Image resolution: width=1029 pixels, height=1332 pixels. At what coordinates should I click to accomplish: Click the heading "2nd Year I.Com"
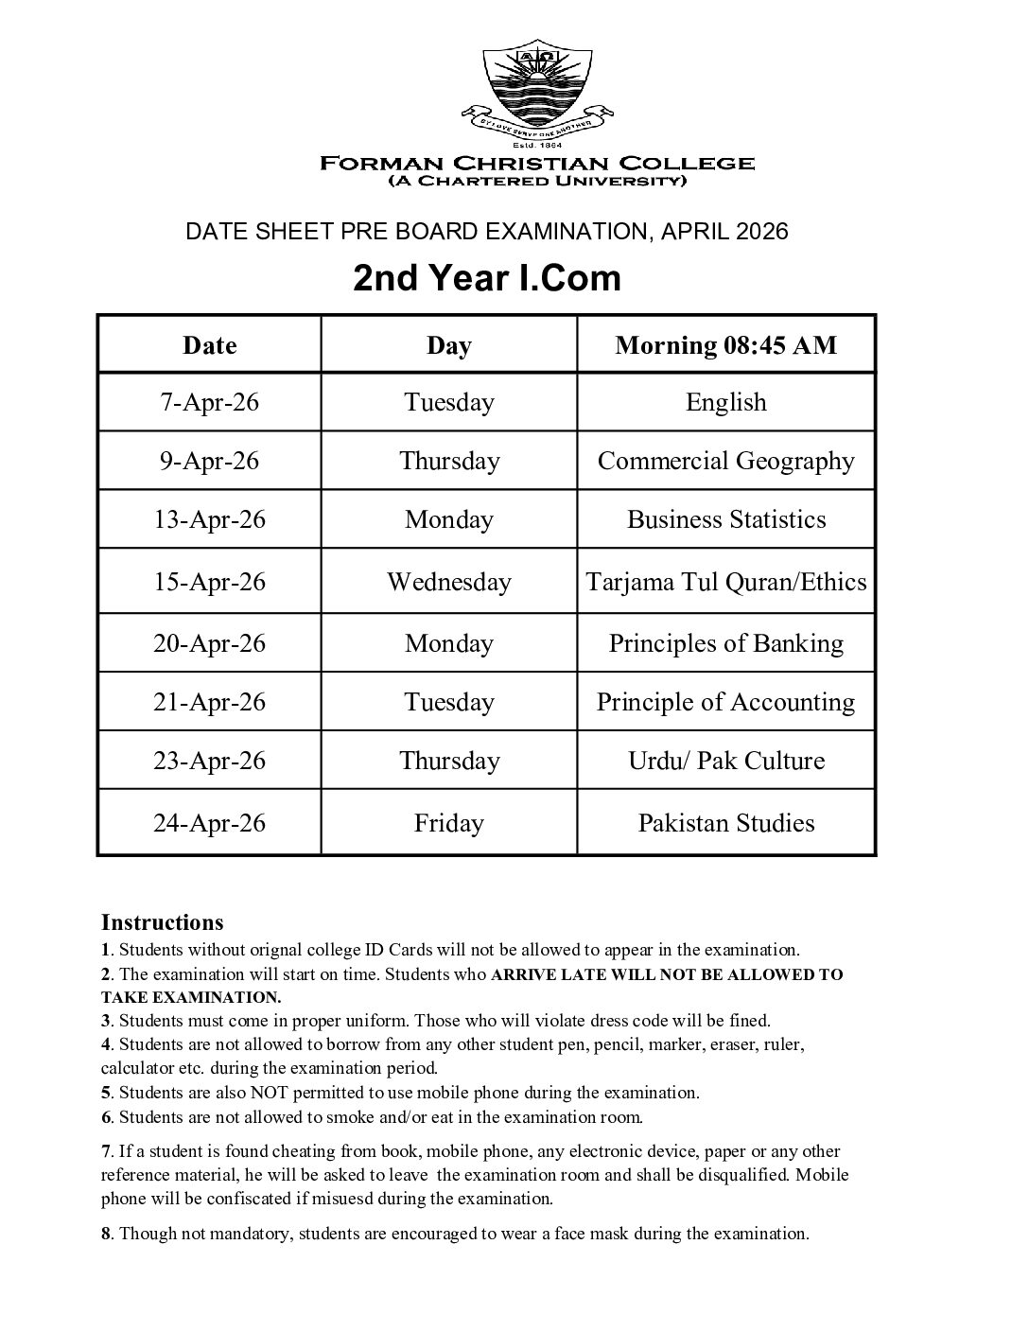[x=487, y=278]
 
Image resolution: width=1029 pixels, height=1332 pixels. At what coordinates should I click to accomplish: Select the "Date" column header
[x=210, y=345]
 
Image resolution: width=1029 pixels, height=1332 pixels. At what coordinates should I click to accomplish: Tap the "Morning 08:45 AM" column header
[x=725, y=345]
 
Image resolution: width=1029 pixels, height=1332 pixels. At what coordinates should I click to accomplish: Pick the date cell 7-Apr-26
[x=210, y=403]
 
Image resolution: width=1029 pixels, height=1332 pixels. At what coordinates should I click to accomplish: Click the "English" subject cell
[x=725, y=403]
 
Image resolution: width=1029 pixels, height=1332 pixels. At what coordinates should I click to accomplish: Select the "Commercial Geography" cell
[x=725, y=462]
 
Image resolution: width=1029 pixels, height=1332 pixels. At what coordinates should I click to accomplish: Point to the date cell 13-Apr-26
[x=210, y=520]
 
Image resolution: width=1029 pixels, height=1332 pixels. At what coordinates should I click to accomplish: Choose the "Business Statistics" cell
[x=725, y=520]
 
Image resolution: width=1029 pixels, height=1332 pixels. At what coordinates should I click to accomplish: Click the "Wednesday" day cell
[x=448, y=582]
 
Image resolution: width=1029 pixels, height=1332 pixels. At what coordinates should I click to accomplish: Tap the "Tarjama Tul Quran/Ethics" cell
[x=725, y=582]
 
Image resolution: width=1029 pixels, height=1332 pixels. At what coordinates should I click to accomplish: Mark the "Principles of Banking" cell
[x=725, y=644]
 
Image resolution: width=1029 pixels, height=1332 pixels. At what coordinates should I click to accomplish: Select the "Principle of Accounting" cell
[x=725, y=703]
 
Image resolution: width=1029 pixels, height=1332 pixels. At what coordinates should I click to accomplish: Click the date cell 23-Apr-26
[x=210, y=762]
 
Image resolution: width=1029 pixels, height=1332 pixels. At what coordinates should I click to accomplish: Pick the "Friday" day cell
[x=448, y=823]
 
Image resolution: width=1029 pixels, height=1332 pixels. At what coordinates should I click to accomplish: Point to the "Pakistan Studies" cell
[x=725, y=823]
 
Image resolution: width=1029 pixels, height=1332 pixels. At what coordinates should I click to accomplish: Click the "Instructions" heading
[x=162, y=922]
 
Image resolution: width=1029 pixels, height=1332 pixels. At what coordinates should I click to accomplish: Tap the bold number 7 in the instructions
[x=106, y=1151]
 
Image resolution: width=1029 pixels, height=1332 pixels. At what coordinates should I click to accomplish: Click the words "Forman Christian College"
[x=537, y=163]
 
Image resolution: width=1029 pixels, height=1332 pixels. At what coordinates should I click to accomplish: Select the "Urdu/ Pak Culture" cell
[x=725, y=762]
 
